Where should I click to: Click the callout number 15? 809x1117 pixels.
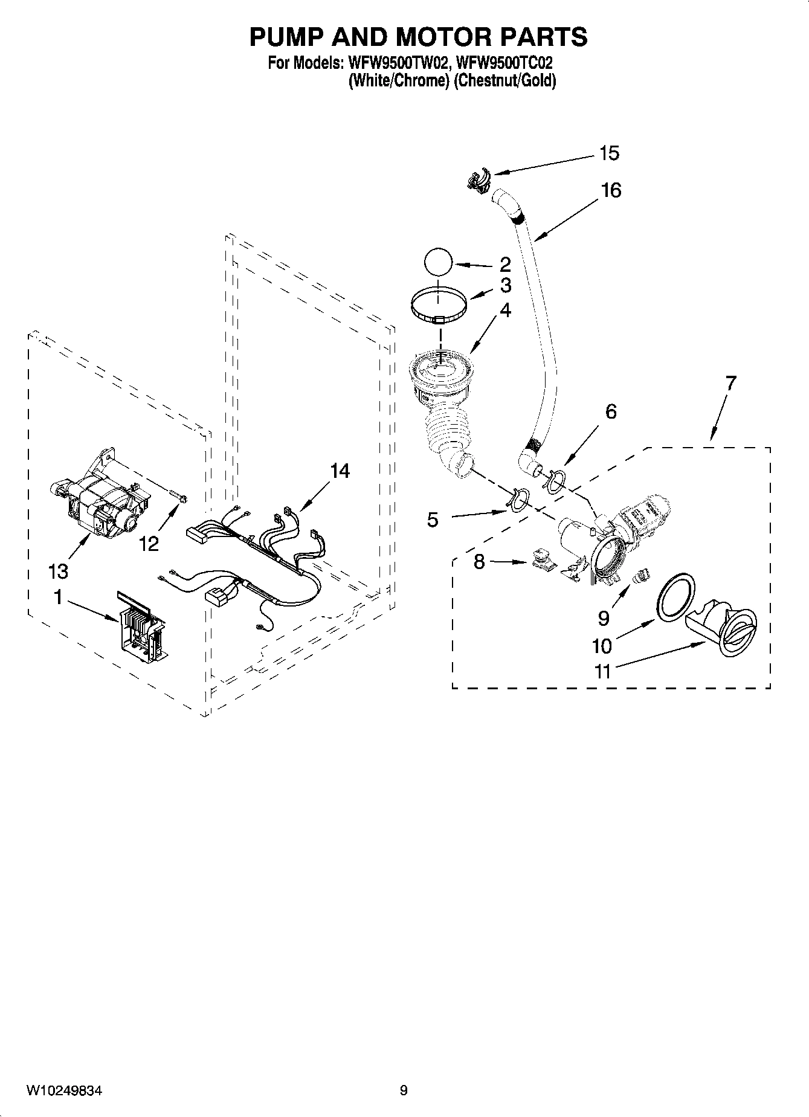click(x=609, y=153)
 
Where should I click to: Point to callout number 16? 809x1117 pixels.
click(x=611, y=191)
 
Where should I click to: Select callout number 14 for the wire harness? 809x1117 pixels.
click(x=340, y=471)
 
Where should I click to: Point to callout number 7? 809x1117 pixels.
click(x=730, y=383)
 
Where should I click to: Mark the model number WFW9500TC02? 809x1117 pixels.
click(x=505, y=63)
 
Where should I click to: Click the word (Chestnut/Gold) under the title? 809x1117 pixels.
click(x=505, y=80)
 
